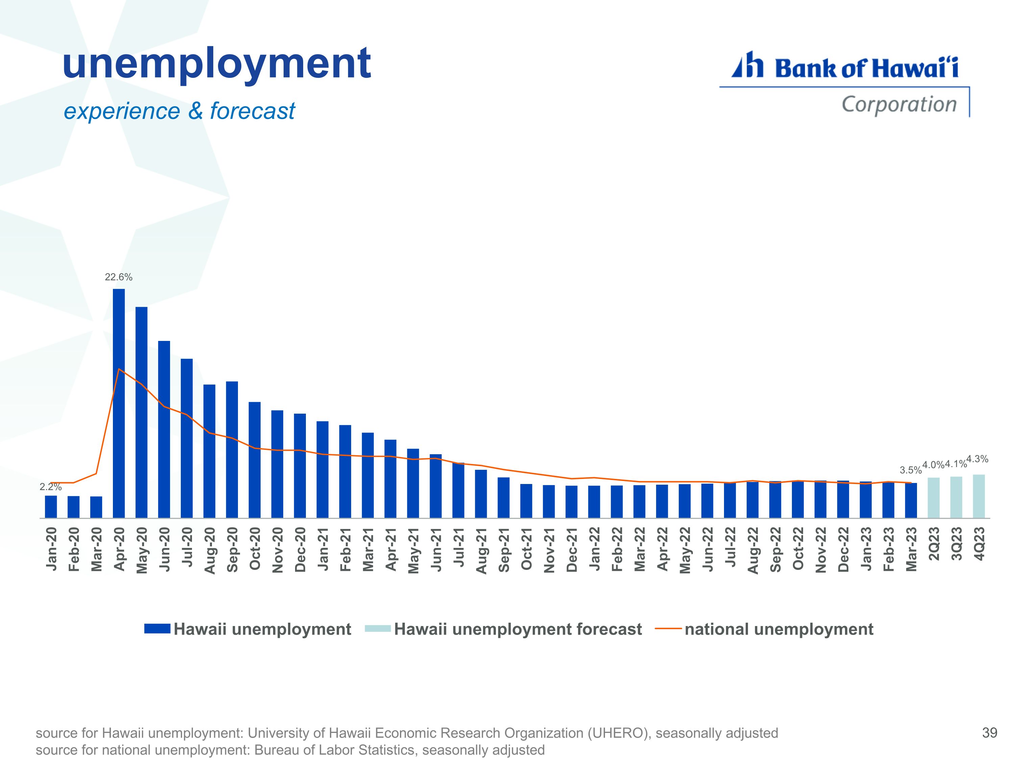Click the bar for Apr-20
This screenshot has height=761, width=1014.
119,403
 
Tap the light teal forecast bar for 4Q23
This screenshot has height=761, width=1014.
979,496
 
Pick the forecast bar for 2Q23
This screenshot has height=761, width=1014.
933,498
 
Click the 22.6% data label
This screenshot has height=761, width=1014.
119,277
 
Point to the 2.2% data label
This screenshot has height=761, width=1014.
50,487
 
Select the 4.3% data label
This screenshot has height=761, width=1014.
977,459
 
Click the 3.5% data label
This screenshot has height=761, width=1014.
910,470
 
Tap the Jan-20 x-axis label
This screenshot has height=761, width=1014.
51,549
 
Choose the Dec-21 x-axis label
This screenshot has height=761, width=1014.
571,549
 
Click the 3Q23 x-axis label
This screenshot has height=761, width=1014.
956,544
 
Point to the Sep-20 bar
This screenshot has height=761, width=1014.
232,450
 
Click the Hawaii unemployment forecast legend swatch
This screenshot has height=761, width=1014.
378,629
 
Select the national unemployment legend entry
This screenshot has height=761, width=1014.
764,629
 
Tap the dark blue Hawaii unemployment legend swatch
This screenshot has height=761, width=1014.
157,629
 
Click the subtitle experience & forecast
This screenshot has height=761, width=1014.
179,111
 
